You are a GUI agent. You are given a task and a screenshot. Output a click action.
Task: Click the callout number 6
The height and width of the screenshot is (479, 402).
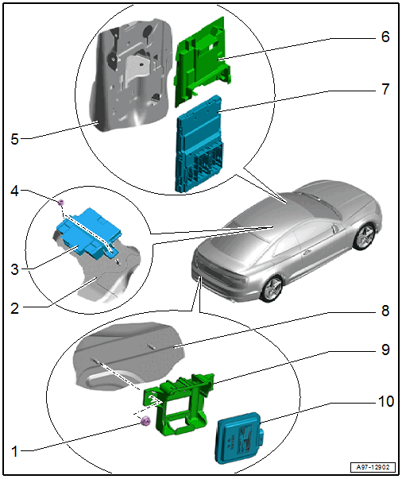tap(385, 37)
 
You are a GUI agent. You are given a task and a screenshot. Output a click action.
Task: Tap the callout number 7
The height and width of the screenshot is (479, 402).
tap(385, 89)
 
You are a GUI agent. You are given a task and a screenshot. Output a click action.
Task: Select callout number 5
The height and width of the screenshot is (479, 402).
tap(14, 139)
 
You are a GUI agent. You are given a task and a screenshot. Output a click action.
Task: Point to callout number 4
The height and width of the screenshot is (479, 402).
tap(14, 191)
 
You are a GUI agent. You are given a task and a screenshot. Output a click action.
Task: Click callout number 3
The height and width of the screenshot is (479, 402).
tap(14, 269)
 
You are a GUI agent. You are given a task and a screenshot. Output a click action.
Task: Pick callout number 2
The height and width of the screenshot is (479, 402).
tap(14, 308)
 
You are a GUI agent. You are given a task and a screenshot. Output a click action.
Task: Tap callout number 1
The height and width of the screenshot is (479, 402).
tap(14, 451)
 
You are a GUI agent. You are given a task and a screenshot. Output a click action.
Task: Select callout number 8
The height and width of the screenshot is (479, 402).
tap(385, 311)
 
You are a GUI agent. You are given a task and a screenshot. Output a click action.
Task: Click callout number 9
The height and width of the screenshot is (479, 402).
tap(385, 350)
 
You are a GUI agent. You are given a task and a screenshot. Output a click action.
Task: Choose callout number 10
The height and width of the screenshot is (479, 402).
tap(386, 401)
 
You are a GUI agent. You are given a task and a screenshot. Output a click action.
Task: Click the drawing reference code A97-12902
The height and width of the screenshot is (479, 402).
tap(373, 467)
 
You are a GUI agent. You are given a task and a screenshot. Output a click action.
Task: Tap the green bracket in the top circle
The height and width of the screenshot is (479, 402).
tap(203, 61)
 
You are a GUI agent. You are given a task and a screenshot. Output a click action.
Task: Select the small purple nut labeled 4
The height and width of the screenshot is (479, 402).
tap(61, 203)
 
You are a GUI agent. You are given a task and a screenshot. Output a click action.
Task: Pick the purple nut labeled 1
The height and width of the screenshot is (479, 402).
tap(145, 422)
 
